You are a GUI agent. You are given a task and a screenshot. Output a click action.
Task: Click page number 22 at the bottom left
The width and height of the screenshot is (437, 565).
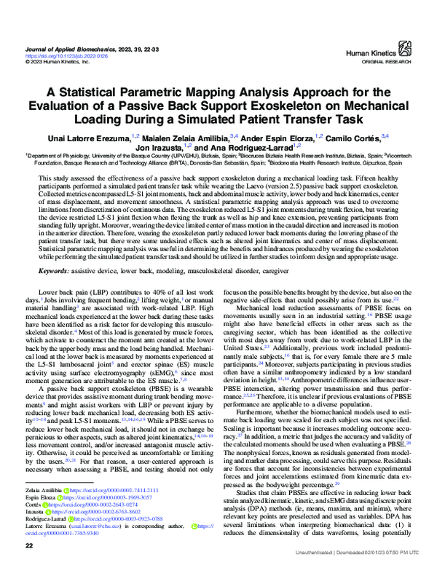click(x=30, y=546)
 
